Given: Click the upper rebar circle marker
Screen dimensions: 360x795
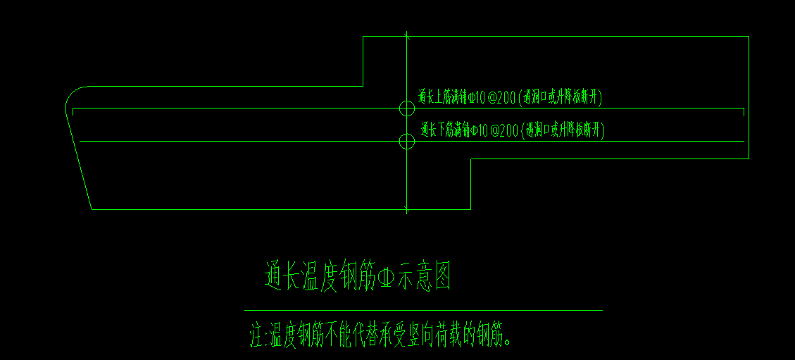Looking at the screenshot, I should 407,108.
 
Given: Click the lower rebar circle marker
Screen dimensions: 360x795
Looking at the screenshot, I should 407,142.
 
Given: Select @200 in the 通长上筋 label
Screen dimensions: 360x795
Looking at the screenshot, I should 501,98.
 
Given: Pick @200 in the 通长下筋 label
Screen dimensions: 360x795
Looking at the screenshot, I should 504,130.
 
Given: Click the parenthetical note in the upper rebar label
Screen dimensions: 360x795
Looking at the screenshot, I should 561,98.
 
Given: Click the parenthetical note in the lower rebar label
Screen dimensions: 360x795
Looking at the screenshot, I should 564,130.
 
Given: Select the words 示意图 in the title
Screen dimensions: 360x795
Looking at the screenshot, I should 425,277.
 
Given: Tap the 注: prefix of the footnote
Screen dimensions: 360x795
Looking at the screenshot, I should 258,335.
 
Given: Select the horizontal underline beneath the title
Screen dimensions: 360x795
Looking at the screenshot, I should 423,310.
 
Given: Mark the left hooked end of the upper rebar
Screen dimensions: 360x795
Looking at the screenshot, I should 73,112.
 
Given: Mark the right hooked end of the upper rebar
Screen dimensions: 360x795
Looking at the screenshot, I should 744,112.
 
